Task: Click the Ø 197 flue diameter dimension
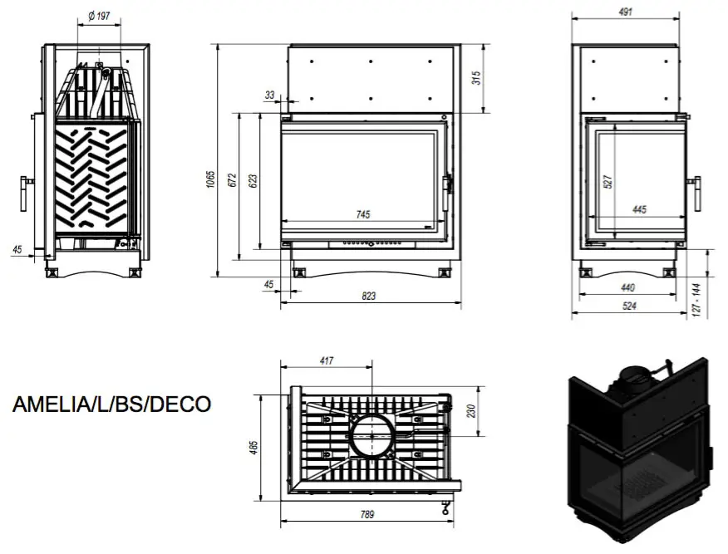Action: pyautogui.click(x=99, y=17)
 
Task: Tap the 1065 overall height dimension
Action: pyautogui.click(x=211, y=180)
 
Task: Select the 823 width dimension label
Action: pyautogui.click(x=369, y=296)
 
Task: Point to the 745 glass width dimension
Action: pyautogui.click(x=363, y=214)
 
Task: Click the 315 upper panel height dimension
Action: pyautogui.click(x=477, y=77)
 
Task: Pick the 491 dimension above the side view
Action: pyautogui.click(x=626, y=12)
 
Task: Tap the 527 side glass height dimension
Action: pyautogui.click(x=608, y=181)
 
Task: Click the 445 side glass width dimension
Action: pyautogui.click(x=639, y=209)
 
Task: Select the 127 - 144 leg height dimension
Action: pyautogui.click(x=696, y=300)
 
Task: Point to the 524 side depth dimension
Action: pyautogui.click(x=629, y=306)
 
